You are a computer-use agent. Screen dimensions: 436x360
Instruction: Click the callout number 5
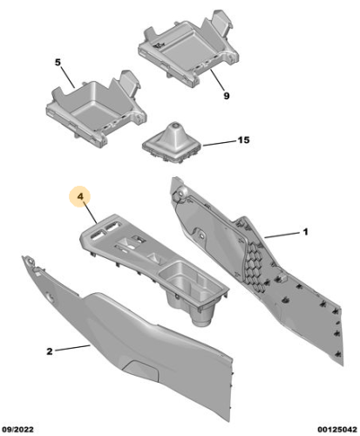pyautogui.click(x=58, y=64)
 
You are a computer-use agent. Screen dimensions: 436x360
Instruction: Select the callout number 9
pyautogui.click(x=225, y=96)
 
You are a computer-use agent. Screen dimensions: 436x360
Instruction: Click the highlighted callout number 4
pyautogui.click(x=79, y=198)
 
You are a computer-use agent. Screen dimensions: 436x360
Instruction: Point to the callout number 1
pyautogui.click(x=306, y=232)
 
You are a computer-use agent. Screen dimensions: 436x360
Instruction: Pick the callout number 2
pyautogui.click(x=50, y=351)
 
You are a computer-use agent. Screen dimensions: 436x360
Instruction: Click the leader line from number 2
pyautogui.click(x=74, y=349)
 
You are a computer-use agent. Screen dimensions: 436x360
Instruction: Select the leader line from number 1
pyautogui.click(x=282, y=235)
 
